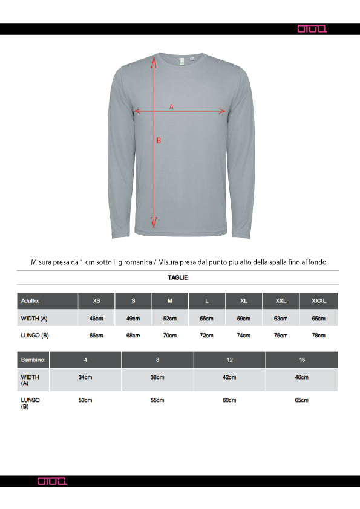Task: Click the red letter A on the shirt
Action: (171, 106)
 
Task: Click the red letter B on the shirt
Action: (159, 140)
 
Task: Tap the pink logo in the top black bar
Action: (313, 28)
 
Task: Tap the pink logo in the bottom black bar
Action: (53, 481)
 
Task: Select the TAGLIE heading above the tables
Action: (178, 277)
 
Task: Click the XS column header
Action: (96, 300)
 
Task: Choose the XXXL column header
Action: (318, 300)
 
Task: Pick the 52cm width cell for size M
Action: (170, 318)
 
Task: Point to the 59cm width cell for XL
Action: (244, 318)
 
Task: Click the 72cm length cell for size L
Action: (207, 336)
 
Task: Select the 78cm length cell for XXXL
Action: (318, 336)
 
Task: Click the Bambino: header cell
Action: (33, 360)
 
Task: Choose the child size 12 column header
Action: (229, 360)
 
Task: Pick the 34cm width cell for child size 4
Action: (85, 377)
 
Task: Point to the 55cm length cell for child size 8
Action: (157, 400)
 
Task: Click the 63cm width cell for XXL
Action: (281, 318)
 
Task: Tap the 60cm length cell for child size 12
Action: (229, 400)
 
